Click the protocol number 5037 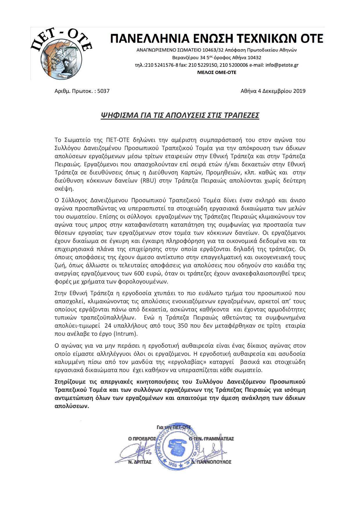pyautogui.click(x=103, y=91)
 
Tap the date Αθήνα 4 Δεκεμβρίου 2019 pyautogui.click(x=273, y=91)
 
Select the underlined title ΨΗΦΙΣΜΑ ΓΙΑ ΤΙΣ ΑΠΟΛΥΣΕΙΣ pyautogui.click(x=180, y=115)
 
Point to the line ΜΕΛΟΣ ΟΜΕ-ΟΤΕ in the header pyautogui.click(x=217, y=72)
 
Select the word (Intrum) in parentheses pyautogui.click(x=126, y=334)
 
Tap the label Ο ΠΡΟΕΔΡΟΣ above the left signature pyautogui.click(x=142, y=438)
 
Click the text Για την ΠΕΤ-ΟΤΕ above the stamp pyautogui.click(x=173, y=427)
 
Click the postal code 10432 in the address pyautogui.click(x=255, y=57)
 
